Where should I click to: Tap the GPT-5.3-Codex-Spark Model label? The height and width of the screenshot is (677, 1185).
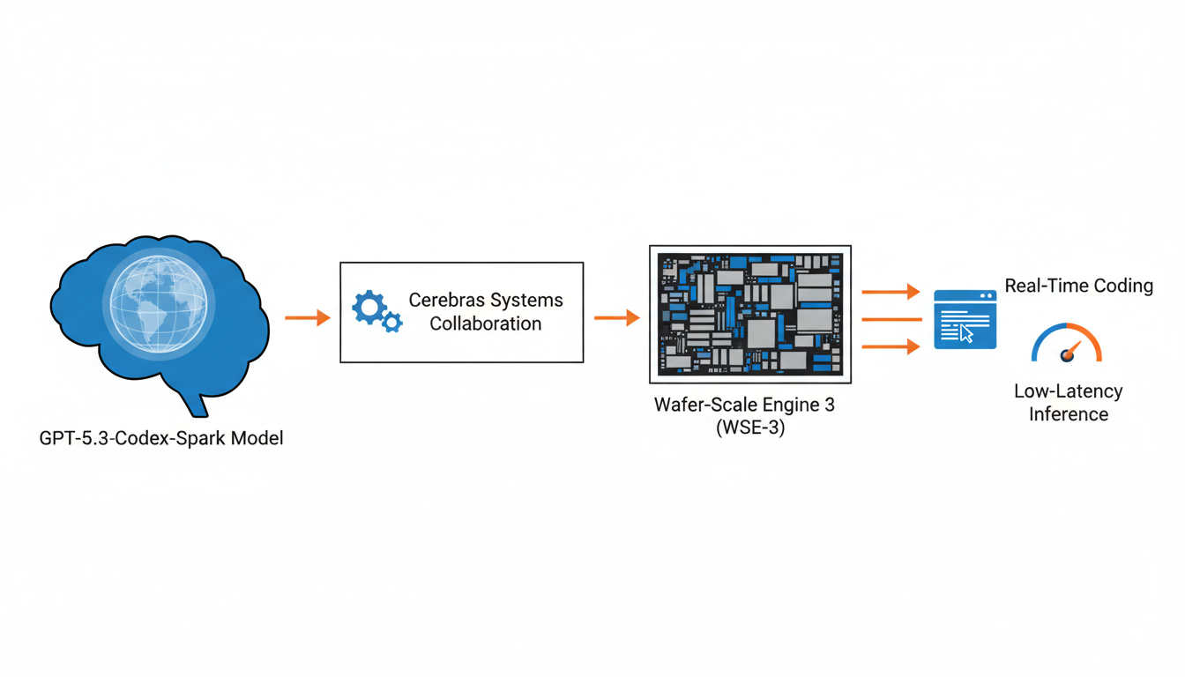pyautogui.click(x=161, y=438)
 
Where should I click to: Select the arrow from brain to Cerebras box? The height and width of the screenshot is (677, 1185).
pyautogui.click(x=307, y=317)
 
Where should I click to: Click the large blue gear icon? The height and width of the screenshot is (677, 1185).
pyautogui.click(x=369, y=308)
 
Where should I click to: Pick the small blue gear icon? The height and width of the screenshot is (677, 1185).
pyautogui.click(x=392, y=323)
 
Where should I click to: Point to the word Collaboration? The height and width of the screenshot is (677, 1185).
pyautogui.click(x=486, y=324)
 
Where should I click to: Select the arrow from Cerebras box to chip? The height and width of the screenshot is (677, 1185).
pyautogui.click(x=616, y=317)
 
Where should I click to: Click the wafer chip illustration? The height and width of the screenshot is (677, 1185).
pyautogui.click(x=750, y=314)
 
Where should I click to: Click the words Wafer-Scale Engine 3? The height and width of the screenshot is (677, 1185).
pyautogui.click(x=744, y=405)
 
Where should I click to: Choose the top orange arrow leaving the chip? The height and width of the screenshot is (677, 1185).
pyautogui.click(x=891, y=291)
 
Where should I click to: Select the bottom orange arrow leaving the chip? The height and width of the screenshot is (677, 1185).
pyautogui.click(x=891, y=346)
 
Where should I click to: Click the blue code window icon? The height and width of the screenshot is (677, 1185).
pyautogui.click(x=965, y=319)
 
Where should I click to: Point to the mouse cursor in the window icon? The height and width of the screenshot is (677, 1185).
pyautogui.click(x=967, y=333)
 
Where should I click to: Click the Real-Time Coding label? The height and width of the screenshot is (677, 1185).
pyautogui.click(x=1078, y=286)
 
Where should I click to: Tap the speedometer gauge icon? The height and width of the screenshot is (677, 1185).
pyautogui.click(x=1067, y=345)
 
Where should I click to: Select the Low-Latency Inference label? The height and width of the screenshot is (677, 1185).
pyautogui.click(x=1068, y=402)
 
